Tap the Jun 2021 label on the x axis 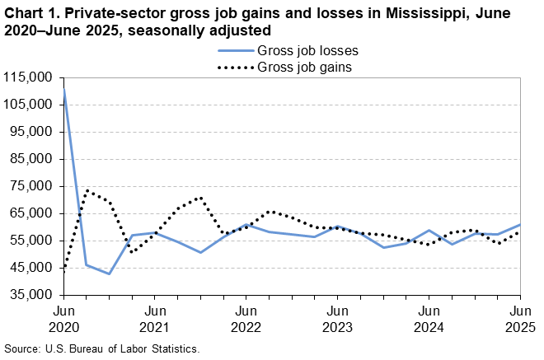click(155, 319)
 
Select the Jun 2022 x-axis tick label click(246, 319)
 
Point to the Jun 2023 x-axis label click(337, 319)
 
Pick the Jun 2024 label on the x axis click(429, 319)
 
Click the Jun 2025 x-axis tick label click(519, 319)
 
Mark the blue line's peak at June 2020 click(64, 88)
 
